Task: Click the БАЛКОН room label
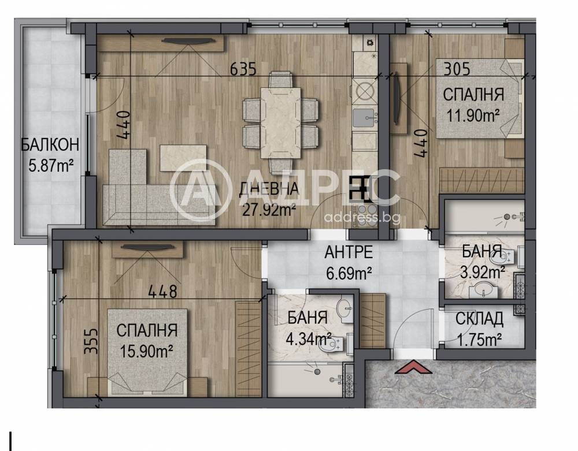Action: click(x=50, y=145)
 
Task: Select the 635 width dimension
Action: click(x=243, y=69)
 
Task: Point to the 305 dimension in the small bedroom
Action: click(x=457, y=69)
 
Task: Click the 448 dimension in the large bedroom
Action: click(x=162, y=292)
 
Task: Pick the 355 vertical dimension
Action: click(x=91, y=341)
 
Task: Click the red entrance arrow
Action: click(x=413, y=367)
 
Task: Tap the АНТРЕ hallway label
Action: click(x=349, y=252)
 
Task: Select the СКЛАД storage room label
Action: click(x=479, y=319)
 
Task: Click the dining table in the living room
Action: click(x=280, y=122)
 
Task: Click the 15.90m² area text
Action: click(x=147, y=351)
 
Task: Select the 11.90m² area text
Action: click(x=473, y=115)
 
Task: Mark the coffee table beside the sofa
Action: click(x=183, y=158)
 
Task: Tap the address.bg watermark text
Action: click(x=362, y=218)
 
